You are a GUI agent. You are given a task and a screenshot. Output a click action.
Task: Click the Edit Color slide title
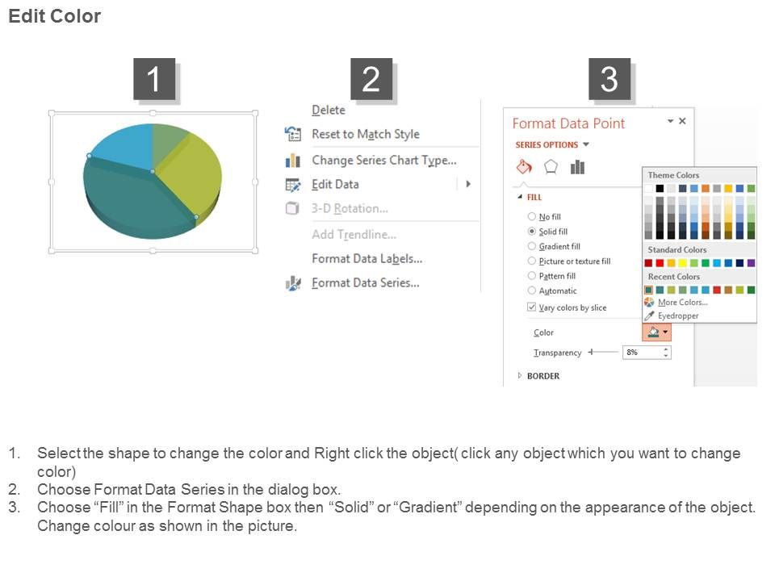click(x=54, y=16)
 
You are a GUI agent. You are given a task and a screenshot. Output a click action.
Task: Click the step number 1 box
click(x=154, y=78)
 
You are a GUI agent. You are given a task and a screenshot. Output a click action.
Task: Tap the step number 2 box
click(x=371, y=78)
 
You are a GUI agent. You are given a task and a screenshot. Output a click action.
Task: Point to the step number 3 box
click(x=609, y=78)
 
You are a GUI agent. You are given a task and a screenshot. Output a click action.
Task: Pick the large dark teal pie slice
click(x=133, y=198)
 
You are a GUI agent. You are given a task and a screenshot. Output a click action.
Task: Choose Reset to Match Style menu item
click(x=365, y=134)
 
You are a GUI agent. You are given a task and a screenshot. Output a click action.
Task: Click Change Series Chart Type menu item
click(x=384, y=160)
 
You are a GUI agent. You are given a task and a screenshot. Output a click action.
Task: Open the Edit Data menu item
click(x=335, y=184)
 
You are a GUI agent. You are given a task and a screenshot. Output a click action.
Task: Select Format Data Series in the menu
click(x=365, y=282)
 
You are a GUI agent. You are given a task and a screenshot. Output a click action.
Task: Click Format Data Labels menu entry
click(x=367, y=258)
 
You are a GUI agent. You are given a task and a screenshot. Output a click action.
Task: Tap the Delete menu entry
click(x=329, y=110)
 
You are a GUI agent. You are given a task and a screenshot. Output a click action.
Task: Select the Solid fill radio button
click(x=532, y=232)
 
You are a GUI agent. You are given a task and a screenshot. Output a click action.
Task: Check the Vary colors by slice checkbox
click(x=532, y=307)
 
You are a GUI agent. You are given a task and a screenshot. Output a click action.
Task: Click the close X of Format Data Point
click(x=682, y=121)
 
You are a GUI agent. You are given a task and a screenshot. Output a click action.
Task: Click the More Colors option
click(x=683, y=302)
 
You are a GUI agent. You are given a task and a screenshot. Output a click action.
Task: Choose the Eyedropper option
click(x=678, y=316)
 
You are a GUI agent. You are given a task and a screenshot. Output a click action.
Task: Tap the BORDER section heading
click(x=543, y=376)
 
